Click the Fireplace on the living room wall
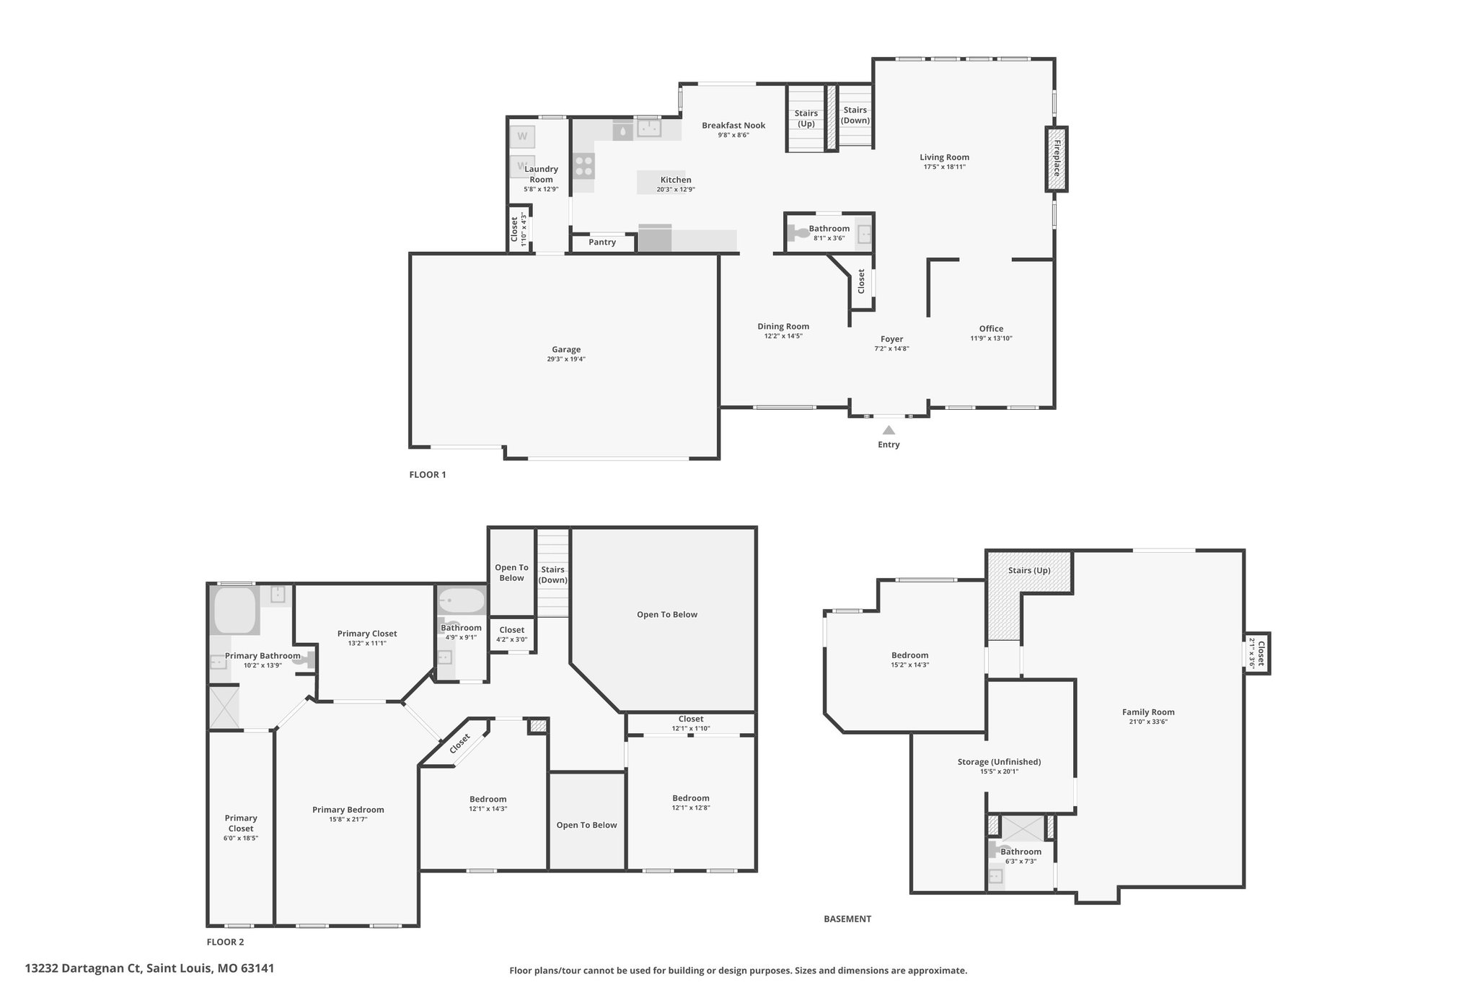click(1057, 159)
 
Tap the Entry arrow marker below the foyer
click(889, 430)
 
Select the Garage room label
click(566, 350)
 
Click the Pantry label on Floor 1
click(602, 242)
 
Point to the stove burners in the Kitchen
click(583, 167)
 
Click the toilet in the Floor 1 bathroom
click(798, 233)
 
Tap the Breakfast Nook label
click(733, 126)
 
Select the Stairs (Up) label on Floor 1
click(806, 118)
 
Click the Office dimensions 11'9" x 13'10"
click(991, 338)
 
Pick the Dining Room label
click(783, 326)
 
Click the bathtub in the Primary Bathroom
click(234, 610)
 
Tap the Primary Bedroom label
click(348, 810)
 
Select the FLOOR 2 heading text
click(225, 942)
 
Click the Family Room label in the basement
click(1148, 712)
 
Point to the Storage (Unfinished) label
click(999, 762)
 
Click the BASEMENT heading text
click(847, 919)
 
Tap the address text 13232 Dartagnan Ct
click(85, 968)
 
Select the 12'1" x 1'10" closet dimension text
click(690, 729)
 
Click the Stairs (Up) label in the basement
click(1029, 571)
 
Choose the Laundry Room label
click(541, 175)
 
